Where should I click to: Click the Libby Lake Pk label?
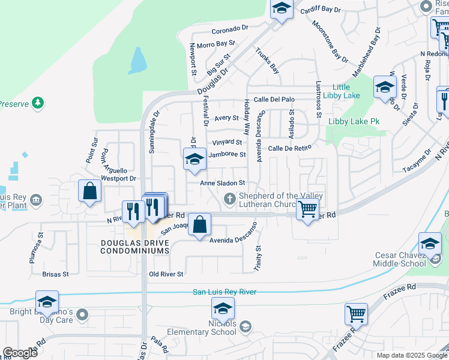(354, 121)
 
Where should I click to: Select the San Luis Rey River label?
(224, 292)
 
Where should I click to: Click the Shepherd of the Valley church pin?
(229, 198)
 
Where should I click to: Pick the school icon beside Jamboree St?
(194, 160)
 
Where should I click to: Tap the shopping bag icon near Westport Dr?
(89, 192)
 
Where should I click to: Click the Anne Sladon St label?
(223, 183)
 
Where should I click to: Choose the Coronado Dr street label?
(229, 29)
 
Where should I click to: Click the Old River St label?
(166, 274)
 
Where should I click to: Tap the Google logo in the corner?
(20, 353)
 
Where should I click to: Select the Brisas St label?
(56, 274)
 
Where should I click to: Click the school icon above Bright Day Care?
(47, 302)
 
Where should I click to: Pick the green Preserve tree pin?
(38, 103)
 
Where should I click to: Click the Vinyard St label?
(226, 143)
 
